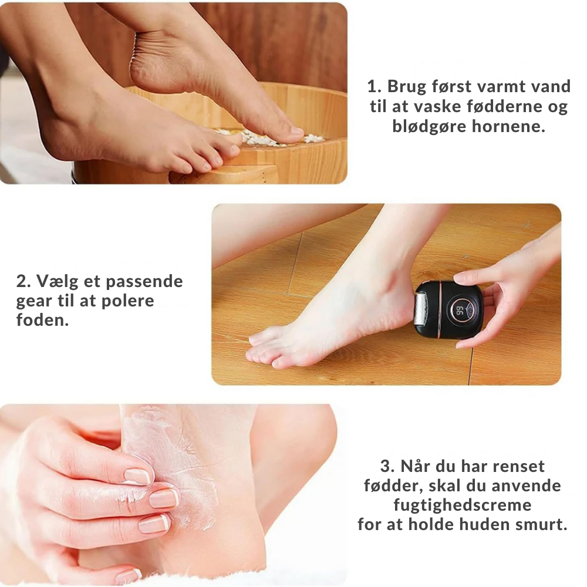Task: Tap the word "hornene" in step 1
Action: coord(508,126)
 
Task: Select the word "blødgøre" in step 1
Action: coord(430,127)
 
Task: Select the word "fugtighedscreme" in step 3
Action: coord(463,505)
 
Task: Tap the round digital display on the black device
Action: coord(461,309)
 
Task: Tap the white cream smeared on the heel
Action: coord(172,460)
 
